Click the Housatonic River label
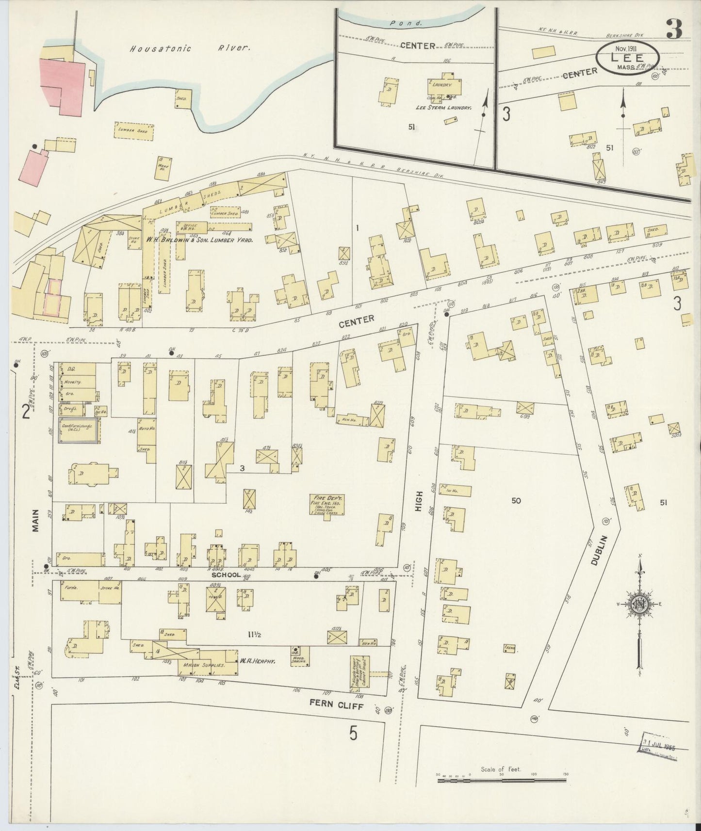(x=190, y=48)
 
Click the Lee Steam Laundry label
(x=443, y=108)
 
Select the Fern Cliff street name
(x=336, y=706)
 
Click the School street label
(x=226, y=575)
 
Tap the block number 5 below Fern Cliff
(x=354, y=734)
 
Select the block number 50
(x=515, y=500)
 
